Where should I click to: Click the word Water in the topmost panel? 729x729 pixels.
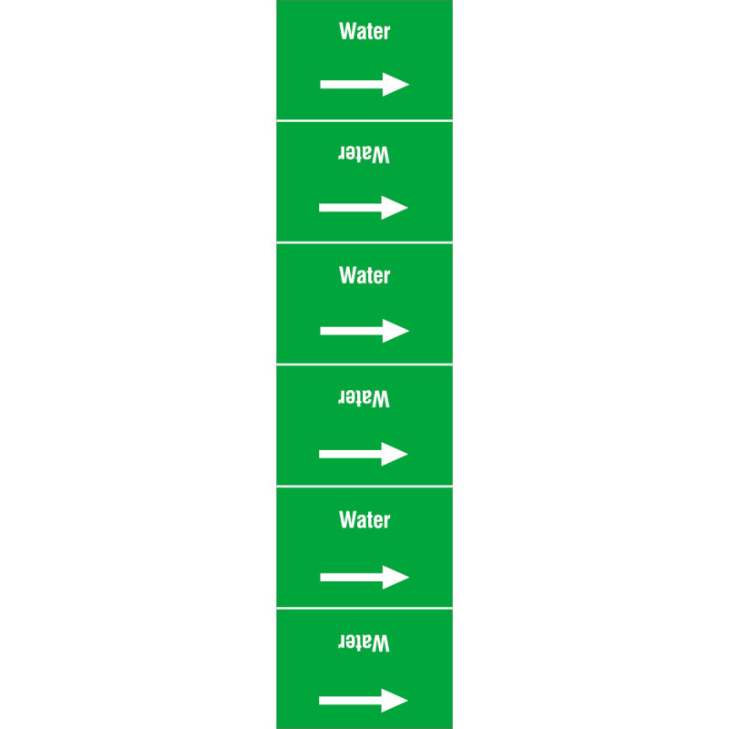364,32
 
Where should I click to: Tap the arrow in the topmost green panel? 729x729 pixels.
364,85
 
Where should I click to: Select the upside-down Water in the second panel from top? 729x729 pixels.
364,154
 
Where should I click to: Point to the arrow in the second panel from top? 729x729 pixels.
364,208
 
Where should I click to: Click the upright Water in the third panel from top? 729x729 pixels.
364,276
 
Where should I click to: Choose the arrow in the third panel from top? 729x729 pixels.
364,331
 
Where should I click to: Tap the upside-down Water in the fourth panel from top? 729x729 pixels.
364,398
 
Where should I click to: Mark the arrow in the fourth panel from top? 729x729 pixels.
364,454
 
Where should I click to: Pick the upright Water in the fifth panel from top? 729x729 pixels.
364,519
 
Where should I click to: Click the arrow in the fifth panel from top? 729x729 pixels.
364,577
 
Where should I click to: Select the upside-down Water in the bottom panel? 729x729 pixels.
364,642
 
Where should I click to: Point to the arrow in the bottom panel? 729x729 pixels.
364,700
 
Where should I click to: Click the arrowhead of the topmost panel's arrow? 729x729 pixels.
395,85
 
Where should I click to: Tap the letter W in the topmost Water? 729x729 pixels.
347,32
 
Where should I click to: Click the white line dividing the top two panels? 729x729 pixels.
364,120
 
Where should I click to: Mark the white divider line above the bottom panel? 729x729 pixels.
364,608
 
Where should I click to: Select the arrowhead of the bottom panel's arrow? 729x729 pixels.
395,700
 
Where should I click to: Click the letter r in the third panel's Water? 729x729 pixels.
386,278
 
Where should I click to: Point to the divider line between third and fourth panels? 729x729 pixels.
364,364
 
